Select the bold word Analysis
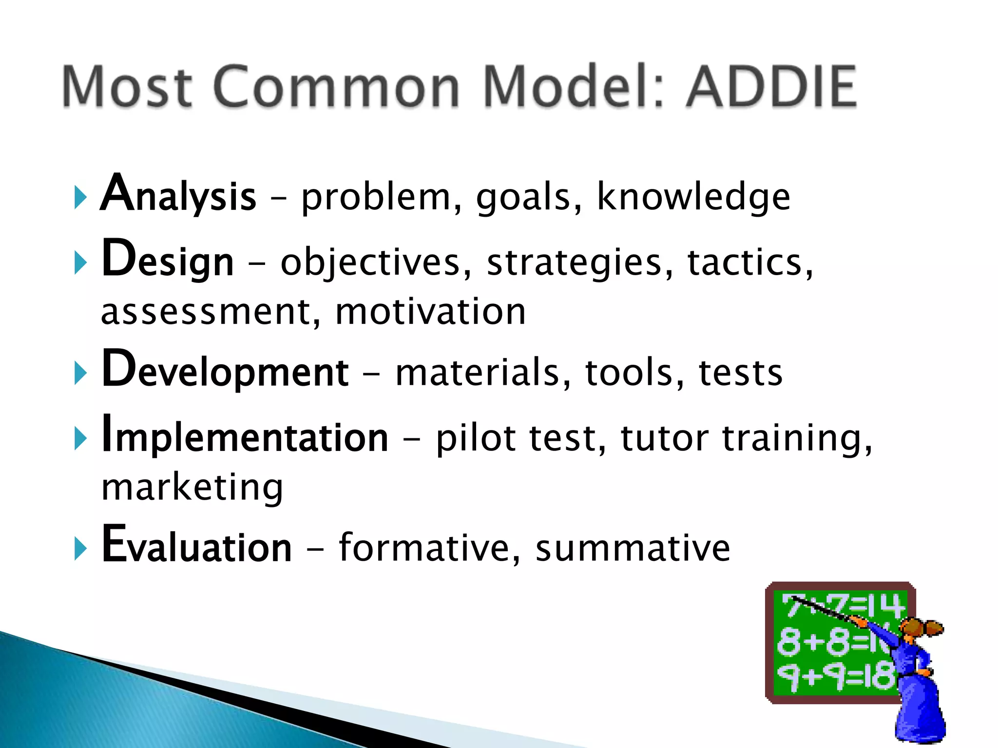tap(178, 195)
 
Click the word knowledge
tap(693, 197)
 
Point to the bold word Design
tap(168, 261)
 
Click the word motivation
tap(431, 312)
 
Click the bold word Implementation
tap(245, 436)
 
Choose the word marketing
tap(192, 487)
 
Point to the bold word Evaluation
tap(196, 545)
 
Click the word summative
tap(633, 547)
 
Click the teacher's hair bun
tap(934, 628)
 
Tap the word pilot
tap(476, 438)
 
